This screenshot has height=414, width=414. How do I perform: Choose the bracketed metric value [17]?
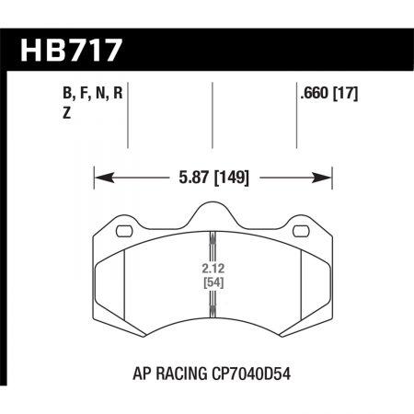click(347, 93)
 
